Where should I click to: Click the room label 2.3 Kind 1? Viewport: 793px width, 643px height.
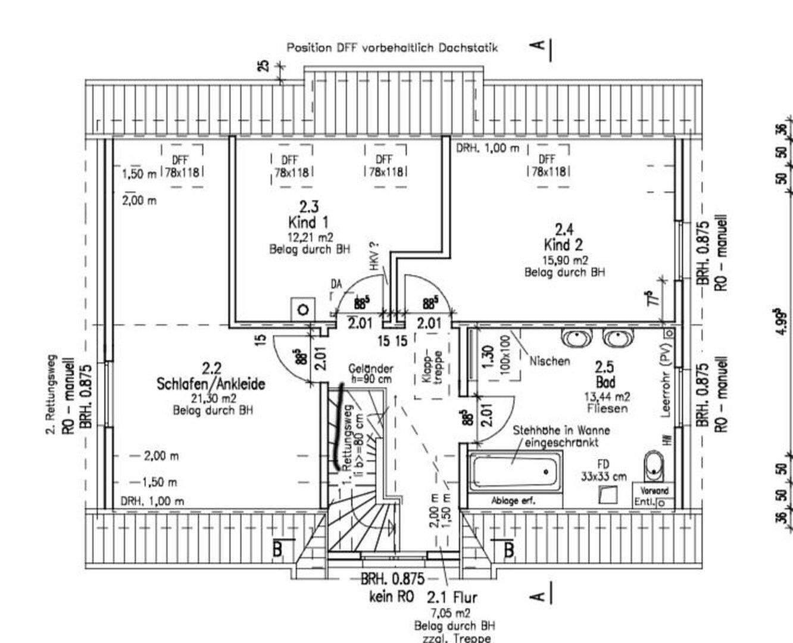coord(308,215)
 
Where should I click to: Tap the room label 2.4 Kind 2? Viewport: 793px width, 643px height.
coord(563,237)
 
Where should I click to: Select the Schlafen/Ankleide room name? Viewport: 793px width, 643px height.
coord(211,384)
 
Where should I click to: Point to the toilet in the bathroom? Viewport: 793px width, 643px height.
coord(654,464)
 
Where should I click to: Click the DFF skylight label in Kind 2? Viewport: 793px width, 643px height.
coord(547,166)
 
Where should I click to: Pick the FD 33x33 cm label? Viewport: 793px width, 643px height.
coord(604,470)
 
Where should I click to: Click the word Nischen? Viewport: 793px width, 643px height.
coord(549,361)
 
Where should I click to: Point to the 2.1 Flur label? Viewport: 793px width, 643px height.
coord(452,597)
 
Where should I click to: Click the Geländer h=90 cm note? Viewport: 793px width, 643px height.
coord(370,373)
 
